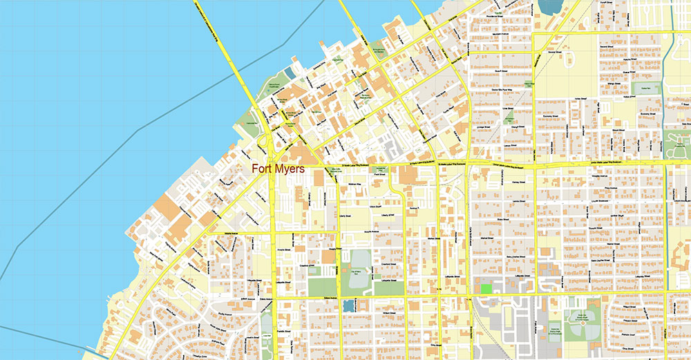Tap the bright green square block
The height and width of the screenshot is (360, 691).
click(x=486, y=287)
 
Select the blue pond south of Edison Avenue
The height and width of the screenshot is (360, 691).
click(x=348, y=305)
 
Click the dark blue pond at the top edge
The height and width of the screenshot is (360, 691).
click(x=549, y=6)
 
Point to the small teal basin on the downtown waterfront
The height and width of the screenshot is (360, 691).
click(x=290, y=71)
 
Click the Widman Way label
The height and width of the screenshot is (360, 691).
click(x=354, y=184)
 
